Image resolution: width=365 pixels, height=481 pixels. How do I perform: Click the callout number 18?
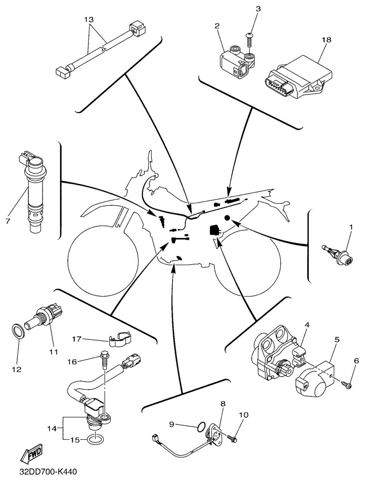pyautogui.click(x=327, y=41)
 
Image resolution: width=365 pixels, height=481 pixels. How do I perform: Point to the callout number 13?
pyautogui.click(x=88, y=20)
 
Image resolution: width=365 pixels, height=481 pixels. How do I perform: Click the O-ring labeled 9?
pyautogui.click(x=201, y=426)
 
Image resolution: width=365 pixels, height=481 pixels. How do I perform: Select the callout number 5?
pyautogui.click(x=337, y=339)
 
